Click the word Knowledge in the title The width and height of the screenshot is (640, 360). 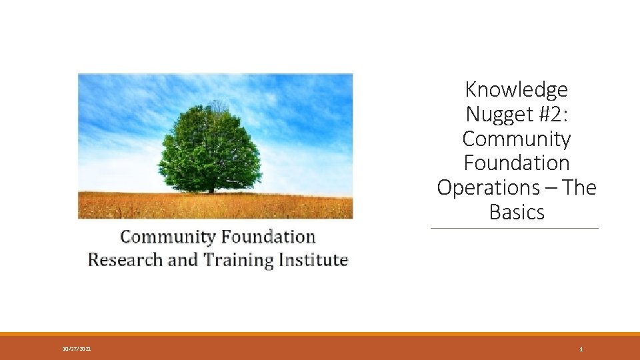tap(517, 89)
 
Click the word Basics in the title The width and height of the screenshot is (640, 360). tap(517, 212)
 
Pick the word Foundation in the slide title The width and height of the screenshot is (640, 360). tap(517, 163)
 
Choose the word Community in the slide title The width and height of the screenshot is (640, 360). tap(517, 139)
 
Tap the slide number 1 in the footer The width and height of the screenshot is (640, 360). tap(581, 349)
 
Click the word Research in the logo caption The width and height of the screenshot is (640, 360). tap(125, 259)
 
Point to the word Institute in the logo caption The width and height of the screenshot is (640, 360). tap(315, 259)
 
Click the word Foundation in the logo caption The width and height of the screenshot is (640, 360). tap(269, 237)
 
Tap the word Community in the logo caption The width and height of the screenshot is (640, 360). tap(167, 237)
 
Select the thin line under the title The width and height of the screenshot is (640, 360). tap(515, 229)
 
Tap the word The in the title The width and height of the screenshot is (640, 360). tap(579, 188)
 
